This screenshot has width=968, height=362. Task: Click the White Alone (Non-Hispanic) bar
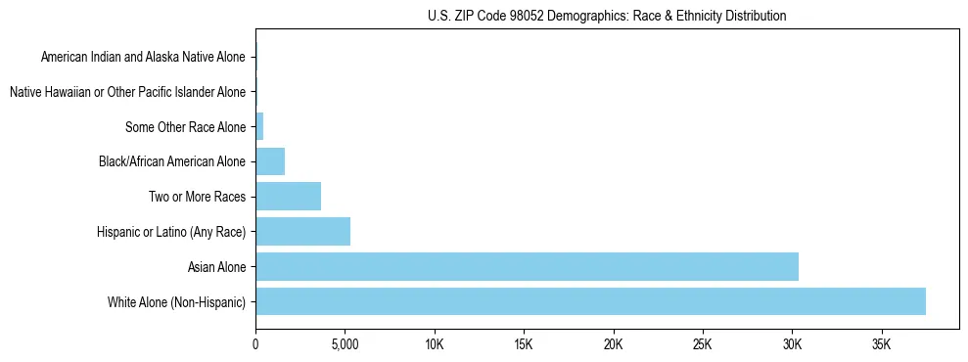(590, 301)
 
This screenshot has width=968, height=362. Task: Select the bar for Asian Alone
(527, 266)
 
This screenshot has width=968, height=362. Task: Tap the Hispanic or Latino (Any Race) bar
(302, 232)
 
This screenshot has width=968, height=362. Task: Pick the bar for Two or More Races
(288, 197)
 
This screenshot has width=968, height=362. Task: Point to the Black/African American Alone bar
(270, 161)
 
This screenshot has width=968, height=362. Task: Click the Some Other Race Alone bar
(259, 126)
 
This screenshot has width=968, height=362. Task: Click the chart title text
(607, 16)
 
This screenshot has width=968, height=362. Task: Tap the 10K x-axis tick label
(435, 345)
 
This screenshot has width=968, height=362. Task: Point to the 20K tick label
(614, 345)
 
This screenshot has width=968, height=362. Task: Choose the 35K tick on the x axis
(882, 345)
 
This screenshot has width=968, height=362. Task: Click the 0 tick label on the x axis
(255, 345)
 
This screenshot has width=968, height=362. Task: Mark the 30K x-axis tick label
(793, 345)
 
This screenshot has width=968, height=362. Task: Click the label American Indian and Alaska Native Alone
(144, 57)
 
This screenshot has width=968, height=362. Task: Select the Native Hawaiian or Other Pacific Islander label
(127, 92)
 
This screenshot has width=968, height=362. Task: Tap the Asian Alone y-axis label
(217, 266)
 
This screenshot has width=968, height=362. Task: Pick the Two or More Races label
(199, 197)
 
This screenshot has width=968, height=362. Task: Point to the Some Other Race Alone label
(186, 126)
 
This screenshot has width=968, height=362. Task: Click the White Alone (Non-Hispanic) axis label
(177, 301)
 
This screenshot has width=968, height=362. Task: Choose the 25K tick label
(703, 345)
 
